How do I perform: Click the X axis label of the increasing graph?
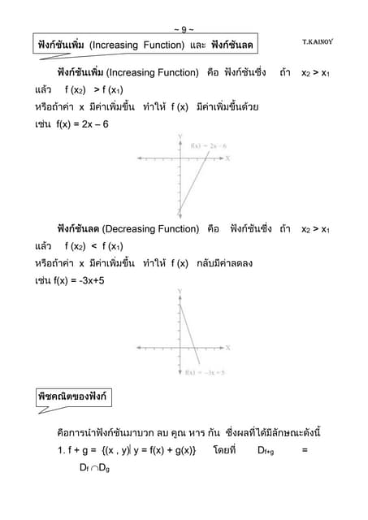click(228, 158)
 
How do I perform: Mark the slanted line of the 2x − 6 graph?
click(196, 183)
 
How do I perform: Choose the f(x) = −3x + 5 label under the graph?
click(205, 372)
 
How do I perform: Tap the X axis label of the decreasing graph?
click(227, 348)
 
